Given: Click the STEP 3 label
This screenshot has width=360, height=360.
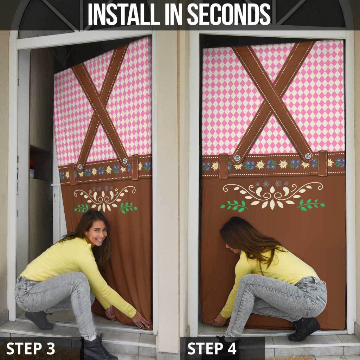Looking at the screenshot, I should pos(31,348).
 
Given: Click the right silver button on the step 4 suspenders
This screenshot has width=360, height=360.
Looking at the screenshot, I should pos(308,156).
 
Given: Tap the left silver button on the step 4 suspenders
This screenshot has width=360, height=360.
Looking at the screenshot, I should pos(237,158).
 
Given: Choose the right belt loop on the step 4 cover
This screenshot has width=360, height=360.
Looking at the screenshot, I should pos(323,163).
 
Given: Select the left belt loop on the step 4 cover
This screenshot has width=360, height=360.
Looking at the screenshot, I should pos(223,166).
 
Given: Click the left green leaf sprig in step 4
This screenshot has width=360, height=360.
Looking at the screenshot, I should pos(234,205).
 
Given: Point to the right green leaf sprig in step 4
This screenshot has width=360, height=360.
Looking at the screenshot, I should pos(310,204).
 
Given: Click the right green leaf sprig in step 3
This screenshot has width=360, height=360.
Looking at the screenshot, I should pos(128,207).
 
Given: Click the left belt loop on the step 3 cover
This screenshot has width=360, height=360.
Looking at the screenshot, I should pos(72,174).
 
